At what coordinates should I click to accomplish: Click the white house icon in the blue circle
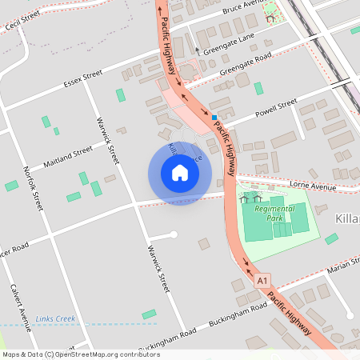pyautogui.click(x=179, y=173)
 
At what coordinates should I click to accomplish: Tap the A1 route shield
pyautogui.click(x=263, y=281)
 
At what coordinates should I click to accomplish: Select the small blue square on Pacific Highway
pyautogui.click(x=214, y=118)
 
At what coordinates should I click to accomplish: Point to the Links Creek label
pyautogui.click(x=55, y=318)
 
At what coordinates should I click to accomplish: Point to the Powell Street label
pyautogui.click(x=276, y=107)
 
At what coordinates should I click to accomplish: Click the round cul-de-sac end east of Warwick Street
pyautogui.click(x=174, y=234)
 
